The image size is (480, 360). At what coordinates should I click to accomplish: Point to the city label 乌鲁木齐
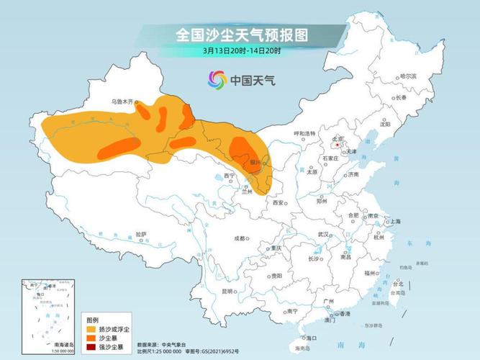pyautogui.click(x=123, y=102)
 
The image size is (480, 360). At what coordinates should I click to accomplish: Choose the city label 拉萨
pyautogui.click(x=141, y=234)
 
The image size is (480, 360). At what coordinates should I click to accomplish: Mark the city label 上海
pyautogui.click(x=394, y=222)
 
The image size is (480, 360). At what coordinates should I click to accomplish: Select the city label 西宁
pyautogui.click(x=230, y=176)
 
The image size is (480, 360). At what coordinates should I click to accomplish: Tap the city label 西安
pyautogui.click(x=278, y=204)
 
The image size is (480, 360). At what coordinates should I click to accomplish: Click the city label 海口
pyautogui.click(x=312, y=338)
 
